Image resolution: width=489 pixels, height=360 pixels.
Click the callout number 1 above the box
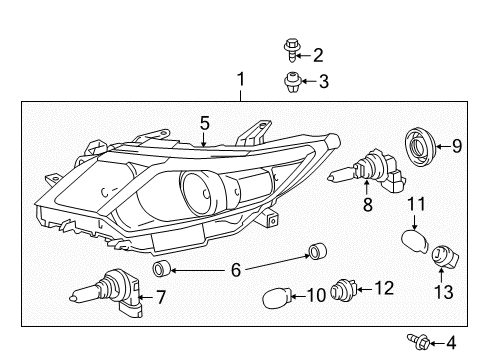[x=239, y=79]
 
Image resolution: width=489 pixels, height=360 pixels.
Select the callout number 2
[x=318, y=54]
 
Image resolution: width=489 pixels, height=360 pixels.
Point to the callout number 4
[x=451, y=340]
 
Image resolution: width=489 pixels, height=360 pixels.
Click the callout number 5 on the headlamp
[x=203, y=123]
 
